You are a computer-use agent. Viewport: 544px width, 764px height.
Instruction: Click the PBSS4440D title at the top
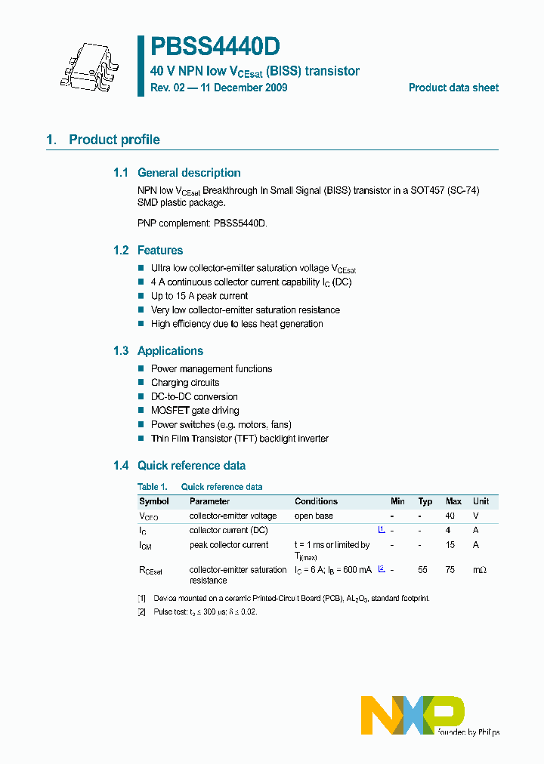pyautogui.click(x=215, y=48)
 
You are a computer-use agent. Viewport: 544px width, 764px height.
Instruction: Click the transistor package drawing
pyautogui.click(x=89, y=66)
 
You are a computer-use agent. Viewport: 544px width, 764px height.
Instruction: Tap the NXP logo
pyautogui.click(x=413, y=715)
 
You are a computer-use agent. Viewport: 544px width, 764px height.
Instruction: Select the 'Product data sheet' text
pyautogui.click(x=453, y=88)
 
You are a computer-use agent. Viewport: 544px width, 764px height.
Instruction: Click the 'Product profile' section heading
pyautogui.click(x=114, y=140)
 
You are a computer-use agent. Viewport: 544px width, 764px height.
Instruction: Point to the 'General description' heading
pyautogui.click(x=189, y=173)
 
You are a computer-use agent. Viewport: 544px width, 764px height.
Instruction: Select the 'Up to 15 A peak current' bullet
pyautogui.click(x=199, y=296)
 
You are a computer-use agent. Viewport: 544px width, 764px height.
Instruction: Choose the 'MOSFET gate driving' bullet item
pyautogui.click(x=195, y=411)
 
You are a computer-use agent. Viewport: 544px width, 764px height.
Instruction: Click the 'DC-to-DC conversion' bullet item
pyautogui.click(x=194, y=396)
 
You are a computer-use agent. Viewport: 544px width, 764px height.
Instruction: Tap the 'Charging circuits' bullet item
pyautogui.click(x=185, y=383)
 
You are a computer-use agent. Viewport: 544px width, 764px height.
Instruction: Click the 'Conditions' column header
pyautogui.click(x=316, y=501)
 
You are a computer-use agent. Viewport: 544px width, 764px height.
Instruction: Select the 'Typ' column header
pyautogui.click(x=425, y=501)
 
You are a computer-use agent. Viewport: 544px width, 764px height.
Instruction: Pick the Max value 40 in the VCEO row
pyautogui.click(x=450, y=516)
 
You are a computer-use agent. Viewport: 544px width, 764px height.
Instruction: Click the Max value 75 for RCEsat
pyautogui.click(x=450, y=570)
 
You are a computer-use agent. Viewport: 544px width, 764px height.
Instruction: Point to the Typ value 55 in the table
pyautogui.click(x=423, y=570)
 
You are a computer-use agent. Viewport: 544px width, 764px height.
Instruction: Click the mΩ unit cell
pyautogui.click(x=480, y=570)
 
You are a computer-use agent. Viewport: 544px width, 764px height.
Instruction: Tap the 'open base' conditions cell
pyautogui.click(x=314, y=516)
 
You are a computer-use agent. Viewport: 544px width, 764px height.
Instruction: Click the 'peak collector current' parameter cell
pyautogui.click(x=229, y=545)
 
